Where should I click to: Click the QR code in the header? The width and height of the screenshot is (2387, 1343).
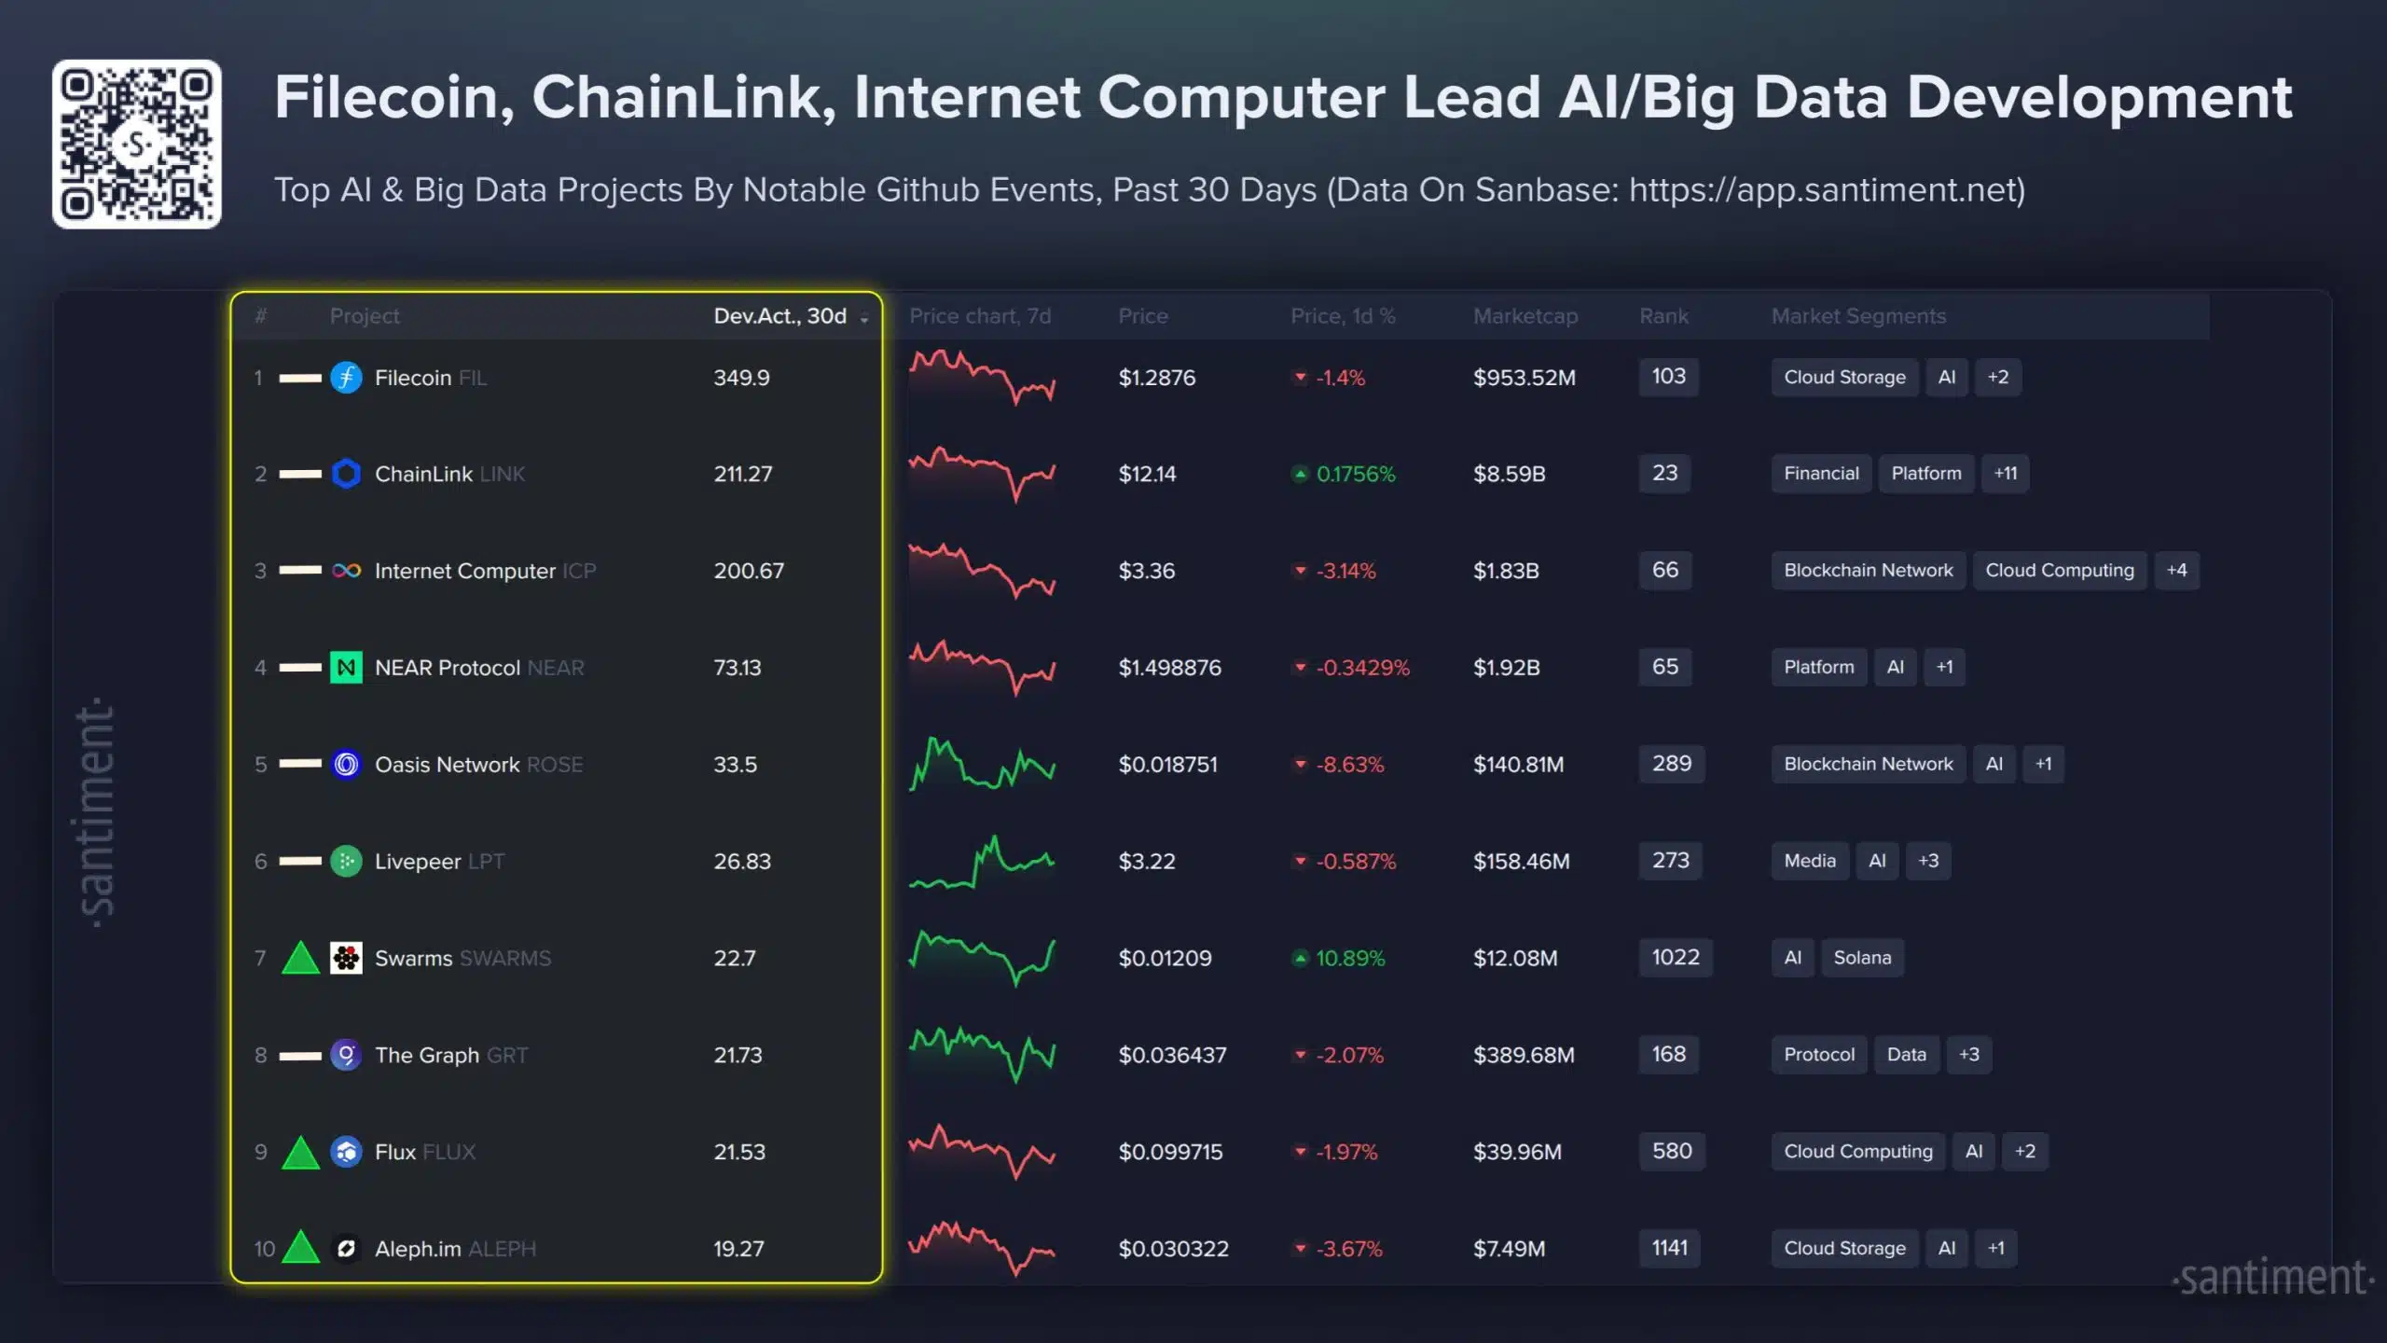coord(137,145)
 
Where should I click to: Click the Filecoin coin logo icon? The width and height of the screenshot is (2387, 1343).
coord(346,378)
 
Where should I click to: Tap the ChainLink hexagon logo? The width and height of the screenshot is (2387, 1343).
coord(346,474)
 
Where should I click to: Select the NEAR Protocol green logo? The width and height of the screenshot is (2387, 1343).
coord(346,668)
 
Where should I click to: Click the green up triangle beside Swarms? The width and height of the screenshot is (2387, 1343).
coord(300,959)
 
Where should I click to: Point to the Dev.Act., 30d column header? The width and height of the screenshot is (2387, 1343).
coord(780,316)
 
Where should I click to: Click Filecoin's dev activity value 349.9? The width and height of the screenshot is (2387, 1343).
coord(742,378)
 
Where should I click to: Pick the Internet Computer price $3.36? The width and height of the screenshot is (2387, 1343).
coord(1147,571)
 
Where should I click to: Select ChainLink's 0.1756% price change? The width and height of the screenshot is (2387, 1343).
coord(1355,474)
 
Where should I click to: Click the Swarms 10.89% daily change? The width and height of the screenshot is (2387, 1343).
coord(1349,958)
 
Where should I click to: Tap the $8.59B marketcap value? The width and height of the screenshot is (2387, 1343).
coord(1509,474)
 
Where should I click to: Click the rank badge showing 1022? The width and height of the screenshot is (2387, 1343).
coord(1676,958)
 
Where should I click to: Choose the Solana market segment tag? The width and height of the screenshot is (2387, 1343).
coord(1862,958)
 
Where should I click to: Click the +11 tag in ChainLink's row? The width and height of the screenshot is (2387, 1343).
coord(2005,474)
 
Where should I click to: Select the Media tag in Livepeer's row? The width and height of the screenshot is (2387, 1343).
coord(1810,861)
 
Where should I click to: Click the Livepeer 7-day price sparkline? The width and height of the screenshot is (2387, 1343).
coord(982,861)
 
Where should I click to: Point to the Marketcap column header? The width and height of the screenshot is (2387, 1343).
coord(1525,316)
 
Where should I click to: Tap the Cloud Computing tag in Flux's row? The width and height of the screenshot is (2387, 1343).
coord(1858,1152)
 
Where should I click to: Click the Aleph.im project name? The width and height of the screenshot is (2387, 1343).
coord(418,1249)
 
